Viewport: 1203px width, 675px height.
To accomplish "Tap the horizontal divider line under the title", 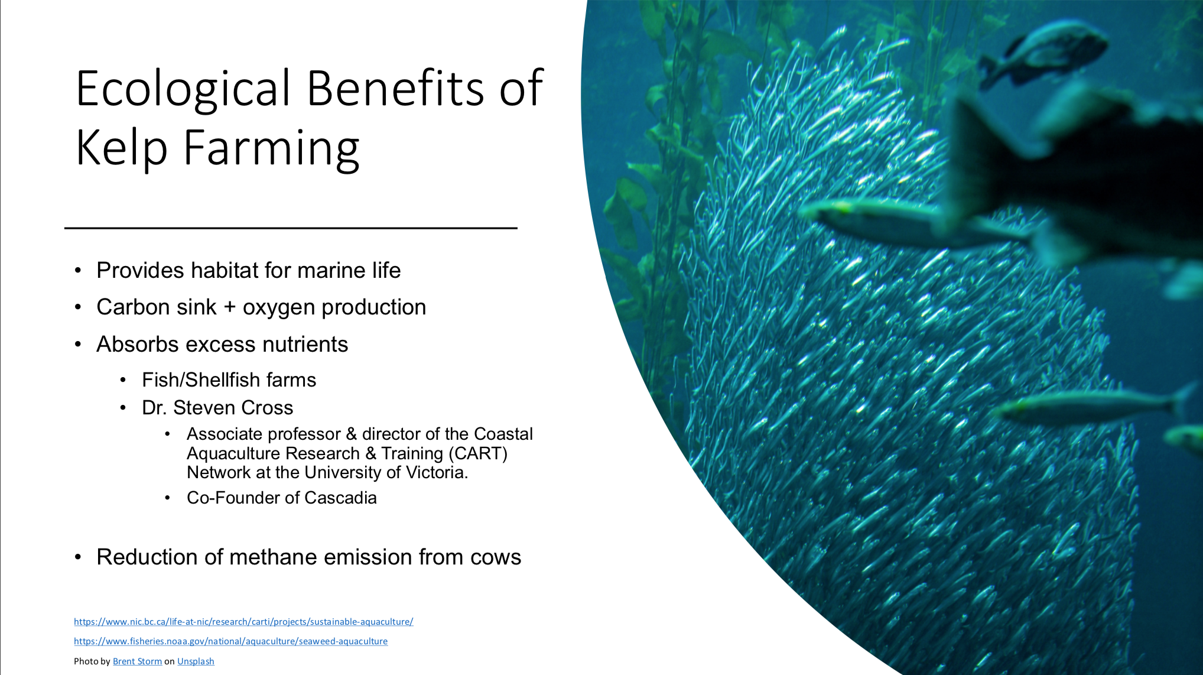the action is [x=291, y=228].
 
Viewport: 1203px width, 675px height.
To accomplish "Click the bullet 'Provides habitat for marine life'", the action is [x=249, y=270].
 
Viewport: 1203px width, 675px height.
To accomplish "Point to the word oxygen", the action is [x=279, y=308].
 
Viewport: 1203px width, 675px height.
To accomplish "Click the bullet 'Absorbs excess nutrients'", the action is [x=222, y=344].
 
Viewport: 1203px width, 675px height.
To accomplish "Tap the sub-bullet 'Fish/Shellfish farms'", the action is [x=229, y=379].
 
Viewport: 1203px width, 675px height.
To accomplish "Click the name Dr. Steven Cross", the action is [x=217, y=407].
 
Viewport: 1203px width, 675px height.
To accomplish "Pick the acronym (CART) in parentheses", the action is [x=478, y=453].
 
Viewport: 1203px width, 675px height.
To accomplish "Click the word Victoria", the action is [x=437, y=472].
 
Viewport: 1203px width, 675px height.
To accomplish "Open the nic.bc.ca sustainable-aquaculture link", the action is [x=243, y=622].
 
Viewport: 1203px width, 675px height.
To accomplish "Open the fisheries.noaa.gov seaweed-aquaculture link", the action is [x=231, y=641].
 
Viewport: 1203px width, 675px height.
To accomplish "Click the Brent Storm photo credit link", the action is [x=137, y=661].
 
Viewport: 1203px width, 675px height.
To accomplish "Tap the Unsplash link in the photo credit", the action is [x=196, y=661].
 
